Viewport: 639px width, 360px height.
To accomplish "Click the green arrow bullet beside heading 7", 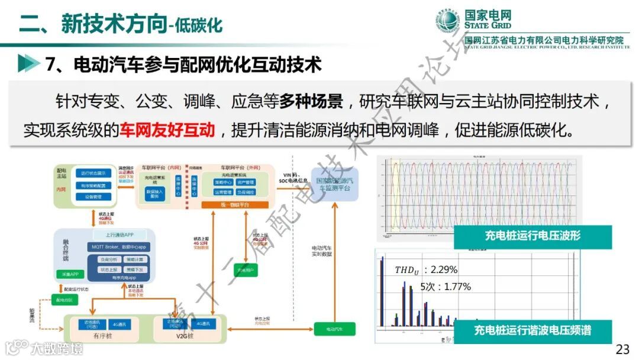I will (x=25, y=63).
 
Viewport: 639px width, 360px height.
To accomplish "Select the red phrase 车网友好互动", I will (x=167, y=129).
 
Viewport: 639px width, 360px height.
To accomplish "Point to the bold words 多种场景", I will (x=311, y=101).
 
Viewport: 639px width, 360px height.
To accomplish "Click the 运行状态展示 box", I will (x=93, y=173).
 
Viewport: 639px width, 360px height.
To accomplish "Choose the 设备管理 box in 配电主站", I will (x=93, y=197).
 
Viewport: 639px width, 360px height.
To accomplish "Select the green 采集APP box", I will (x=67, y=274).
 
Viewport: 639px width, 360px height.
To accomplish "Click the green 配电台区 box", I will (x=63, y=300).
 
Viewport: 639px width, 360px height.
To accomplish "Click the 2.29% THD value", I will (x=444, y=269).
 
